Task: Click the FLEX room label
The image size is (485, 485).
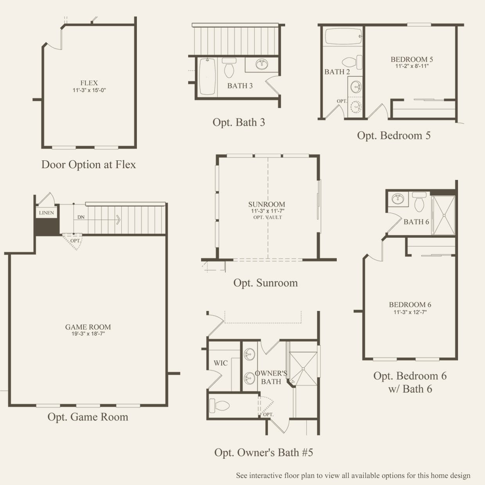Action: pyautogui.click(x=89, y=83)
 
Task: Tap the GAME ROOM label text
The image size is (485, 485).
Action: pyautogui.click(x=88, y=327)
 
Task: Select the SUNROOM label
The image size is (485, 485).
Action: pyautogui.click(x=267, y=204)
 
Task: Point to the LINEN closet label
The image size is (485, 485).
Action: pyautogui.click(x=47, y=213)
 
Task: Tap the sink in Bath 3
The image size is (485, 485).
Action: pyautogui.click(x=262, y=65)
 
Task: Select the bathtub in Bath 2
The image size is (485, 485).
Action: pyautogui.click(x=343, y=36)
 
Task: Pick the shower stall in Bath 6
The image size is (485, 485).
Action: pyautogui.click(x=444, y=215)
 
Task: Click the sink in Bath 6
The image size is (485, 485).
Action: pyautogui.click(x=398, y=199)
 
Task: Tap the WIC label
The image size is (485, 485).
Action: pyautogui.click(x=221, y=363)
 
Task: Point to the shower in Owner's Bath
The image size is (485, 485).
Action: pyautogui.click(x=303, y=368)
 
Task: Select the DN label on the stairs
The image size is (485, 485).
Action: pyautogui.click(x=81, y=217)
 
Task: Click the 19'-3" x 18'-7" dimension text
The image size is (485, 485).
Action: pyautogui.click(x=88, y=334)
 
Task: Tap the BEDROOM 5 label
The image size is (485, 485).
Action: pyautogui.click(x=412, y=59)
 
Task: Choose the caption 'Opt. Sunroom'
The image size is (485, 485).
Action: pyautogui.click(x=266, y=283)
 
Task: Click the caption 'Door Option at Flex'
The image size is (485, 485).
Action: pyautogui.click(x=89, y=165)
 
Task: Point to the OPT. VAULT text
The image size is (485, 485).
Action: pyautogui.click(x=268, y=217)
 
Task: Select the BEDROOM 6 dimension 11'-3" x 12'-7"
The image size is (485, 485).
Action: pyautogui.click(x=410, y=312)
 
